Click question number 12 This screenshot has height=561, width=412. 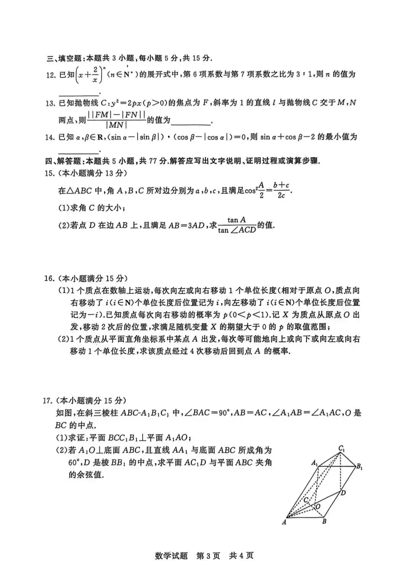click(51, 75)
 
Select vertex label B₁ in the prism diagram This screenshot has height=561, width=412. click(359, 466)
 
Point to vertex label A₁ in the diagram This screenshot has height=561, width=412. click(314, 463)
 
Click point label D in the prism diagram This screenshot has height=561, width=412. click(343, 493)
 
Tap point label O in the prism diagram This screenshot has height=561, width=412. click(318, 507)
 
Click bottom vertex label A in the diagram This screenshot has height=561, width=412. click(284, 522)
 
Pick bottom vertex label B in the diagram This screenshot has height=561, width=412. click(324, 521)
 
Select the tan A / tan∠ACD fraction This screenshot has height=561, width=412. click(237, 225)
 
